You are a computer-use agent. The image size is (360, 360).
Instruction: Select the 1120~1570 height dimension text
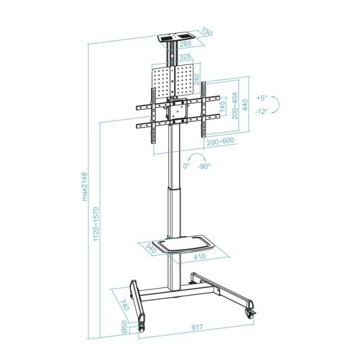pyautogui.click(x=96, y=223)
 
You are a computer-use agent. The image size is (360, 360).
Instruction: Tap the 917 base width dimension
pyautogui.click(x=197, y=327)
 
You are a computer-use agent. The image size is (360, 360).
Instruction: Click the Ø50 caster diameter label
pyautogui.click(x=125, y=327)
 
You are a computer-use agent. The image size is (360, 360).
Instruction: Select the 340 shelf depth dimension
pyautogui.click(x=151, y=248)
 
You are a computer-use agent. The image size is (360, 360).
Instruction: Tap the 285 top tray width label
pyautogui.click(x=185, y=43)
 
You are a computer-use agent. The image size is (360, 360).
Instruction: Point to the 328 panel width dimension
pyautogui.click(x=185, y=57)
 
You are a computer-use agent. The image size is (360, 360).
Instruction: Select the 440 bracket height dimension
pyautogui.click(x=245, y=104)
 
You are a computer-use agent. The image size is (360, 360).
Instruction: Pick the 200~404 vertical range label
pyautogui.click(x=235, y=104)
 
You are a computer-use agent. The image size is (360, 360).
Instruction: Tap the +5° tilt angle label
pyautogui.click(x=262, y=97)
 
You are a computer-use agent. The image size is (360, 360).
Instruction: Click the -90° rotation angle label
pyautogui.click(x=204, y=166)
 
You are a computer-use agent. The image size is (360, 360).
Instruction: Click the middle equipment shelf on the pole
pyautogui.click(x=179, y=245)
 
